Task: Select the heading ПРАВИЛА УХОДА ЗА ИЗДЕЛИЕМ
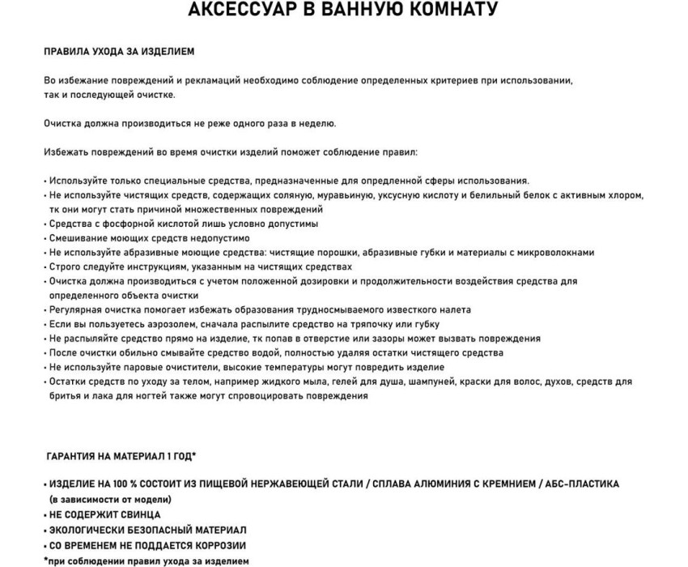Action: [119, 52]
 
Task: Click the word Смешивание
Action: [79, 238]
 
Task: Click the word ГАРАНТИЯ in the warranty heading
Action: [75, 456]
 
